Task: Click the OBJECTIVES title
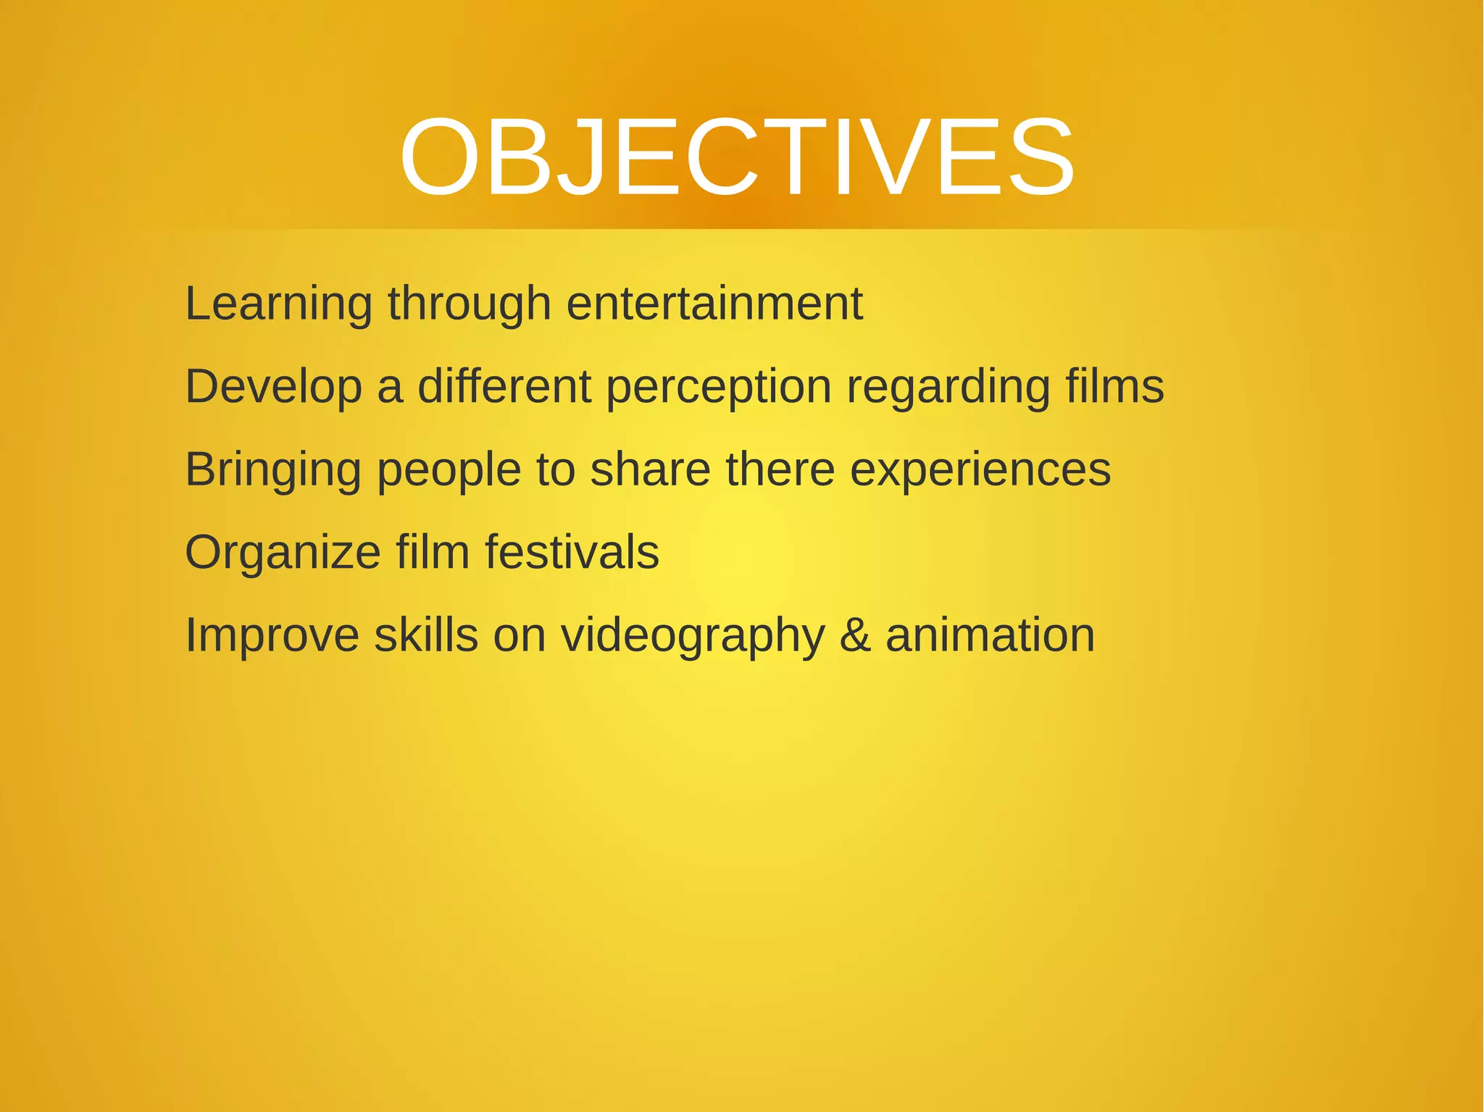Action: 737,157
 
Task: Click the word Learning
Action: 278,304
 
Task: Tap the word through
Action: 469,304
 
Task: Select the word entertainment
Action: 714,304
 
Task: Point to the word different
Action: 504,386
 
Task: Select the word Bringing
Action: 273,470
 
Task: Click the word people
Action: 449,470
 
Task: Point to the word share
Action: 650,469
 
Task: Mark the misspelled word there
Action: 780,469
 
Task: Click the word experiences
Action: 980,470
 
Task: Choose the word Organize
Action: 283,553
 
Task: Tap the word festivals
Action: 571,552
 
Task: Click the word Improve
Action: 272,635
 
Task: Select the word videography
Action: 693,636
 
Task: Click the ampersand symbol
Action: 855,635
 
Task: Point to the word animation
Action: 990,635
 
